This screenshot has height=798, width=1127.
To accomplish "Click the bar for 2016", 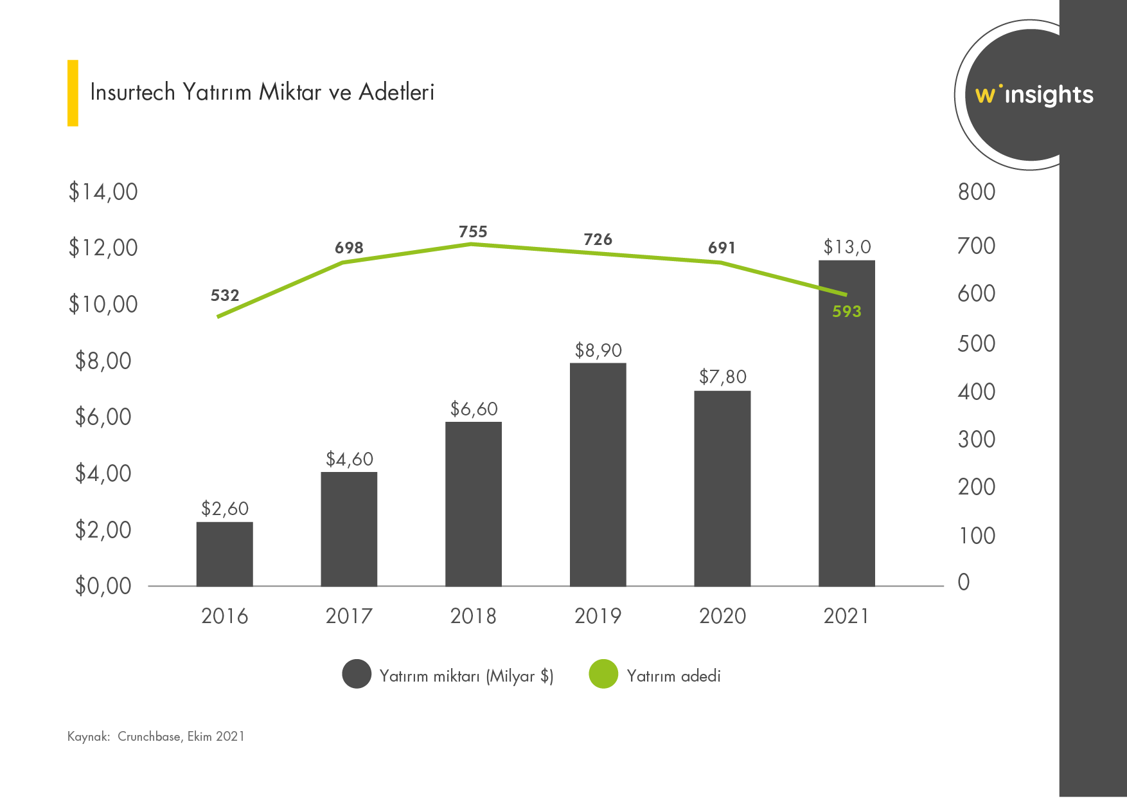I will pyautogui.click(x=224, y=554).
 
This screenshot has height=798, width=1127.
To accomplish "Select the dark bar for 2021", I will pyautogui.click(x=846, y=450).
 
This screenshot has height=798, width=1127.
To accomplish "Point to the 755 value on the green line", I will pyautogui.click(x=473, y=232).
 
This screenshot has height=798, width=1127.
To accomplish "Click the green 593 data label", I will pyautogui.click(x=846, y=312).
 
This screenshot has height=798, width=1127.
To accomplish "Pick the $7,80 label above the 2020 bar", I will pyautogui.click(x=722, y=377).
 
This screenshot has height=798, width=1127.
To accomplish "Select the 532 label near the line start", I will pyautogui.click(x=225, y=296).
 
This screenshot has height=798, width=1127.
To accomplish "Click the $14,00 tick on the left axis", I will pyautogui.click(x=103, y=192).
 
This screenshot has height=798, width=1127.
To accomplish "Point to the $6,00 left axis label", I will pyautogui.click(x=103, y=417).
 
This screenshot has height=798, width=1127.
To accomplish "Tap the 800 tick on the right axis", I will pyautogui.click(x=976, y=192).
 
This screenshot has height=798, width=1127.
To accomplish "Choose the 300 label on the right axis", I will pyautogui.click(x=976, y=440).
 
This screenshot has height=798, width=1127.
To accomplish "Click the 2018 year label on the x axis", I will pyautogui.click(x=473, y=616).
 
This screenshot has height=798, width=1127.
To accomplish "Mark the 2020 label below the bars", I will pyautogui.click(x=722, y=616).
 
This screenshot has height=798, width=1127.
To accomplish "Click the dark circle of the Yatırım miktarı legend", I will pyautogui.click(x=357, y=674).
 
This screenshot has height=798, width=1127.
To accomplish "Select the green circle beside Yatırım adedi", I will pyautogui.click(x=603, y=674).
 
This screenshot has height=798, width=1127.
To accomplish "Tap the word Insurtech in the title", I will pyautogui.click(x=132, y=93).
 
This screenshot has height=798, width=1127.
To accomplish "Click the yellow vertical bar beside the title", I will pyautogui.click(x=73, y=93).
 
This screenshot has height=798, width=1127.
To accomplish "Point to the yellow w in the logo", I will pyautogui.click(x=985, y=96).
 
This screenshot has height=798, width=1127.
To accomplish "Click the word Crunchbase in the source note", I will pyautogui.click(x=149, y=737).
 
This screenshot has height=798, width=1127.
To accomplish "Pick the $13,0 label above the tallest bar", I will pyautogui.click(x=846, y=248).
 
